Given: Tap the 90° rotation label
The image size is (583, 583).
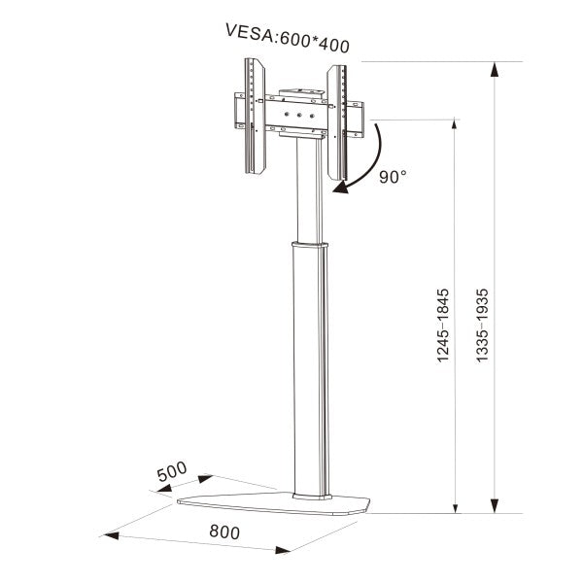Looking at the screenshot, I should pyautogui.click(x=393, y=177).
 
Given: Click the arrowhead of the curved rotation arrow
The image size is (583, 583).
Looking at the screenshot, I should pyautogui.click(x=339, y=189).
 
